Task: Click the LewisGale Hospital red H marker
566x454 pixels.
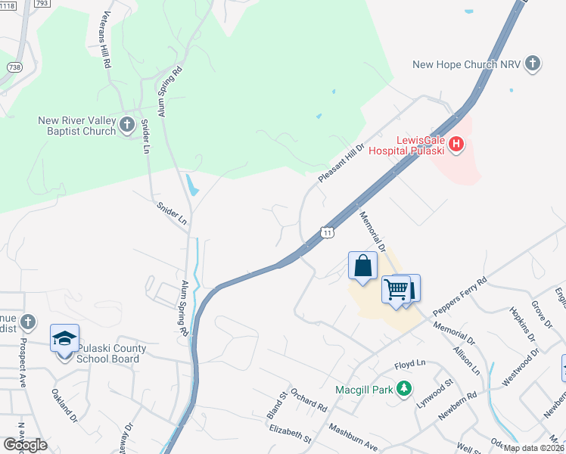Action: pyautogui.click(x=456, y=144)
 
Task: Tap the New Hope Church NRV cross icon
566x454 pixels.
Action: pyautogui.click(x=533, y=64)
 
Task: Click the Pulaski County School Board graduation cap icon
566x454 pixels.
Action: pyautogui.click(x=65, y=337)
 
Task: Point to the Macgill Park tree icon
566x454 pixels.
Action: pyautogui.click(x=405, y=389)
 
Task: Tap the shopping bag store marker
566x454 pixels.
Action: pyautogui.click(x=362, y=266)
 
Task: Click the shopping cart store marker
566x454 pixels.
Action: pyautogui.click(x=396, y=288)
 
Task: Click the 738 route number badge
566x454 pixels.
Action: pyautogui.click(x=14, y=67)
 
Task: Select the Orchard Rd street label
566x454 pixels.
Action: pyautogui.click(x=309, y=402)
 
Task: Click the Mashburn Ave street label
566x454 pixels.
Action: pyautogui.click(x=353, y=437)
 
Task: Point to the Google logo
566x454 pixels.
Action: pyautogui.click(x=25, y=445)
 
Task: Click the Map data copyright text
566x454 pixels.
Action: pyautogui.click(x=534, y=448)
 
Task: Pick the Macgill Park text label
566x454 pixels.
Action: pyautogui.click(x=366, y=390)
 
